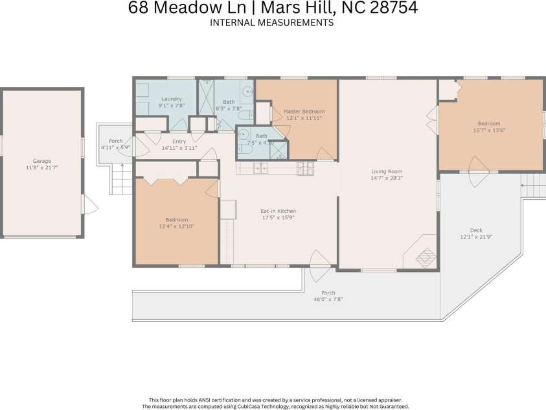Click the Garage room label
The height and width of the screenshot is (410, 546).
[x=41, y=161]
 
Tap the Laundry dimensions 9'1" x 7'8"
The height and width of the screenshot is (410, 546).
[x=172, y=105]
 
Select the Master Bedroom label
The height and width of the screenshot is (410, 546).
[x=304, y=112]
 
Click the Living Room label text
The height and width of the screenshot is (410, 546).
[x=387, y=171]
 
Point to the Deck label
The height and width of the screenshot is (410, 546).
[x=475, y=230]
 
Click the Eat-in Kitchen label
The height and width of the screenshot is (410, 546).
[x=278, y=211]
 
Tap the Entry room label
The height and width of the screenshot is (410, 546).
[x=179, y=141]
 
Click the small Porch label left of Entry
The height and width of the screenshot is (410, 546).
[x=115, y=141]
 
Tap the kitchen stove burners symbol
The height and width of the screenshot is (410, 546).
[x=304, y=169]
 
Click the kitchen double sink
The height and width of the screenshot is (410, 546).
[x=260, y=169]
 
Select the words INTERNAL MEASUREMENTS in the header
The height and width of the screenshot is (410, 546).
[x=272, y=22]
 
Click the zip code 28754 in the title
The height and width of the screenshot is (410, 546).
[x=394, y=8]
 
